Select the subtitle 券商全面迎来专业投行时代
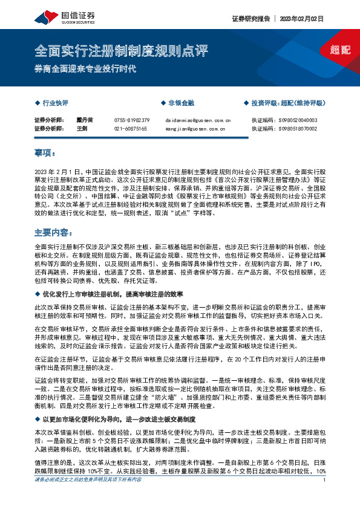coord(85,68)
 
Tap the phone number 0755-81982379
coord(131,120)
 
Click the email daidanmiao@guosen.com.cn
coord(197,120)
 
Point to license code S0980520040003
coord(301,120)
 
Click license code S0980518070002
coord(301,129)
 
